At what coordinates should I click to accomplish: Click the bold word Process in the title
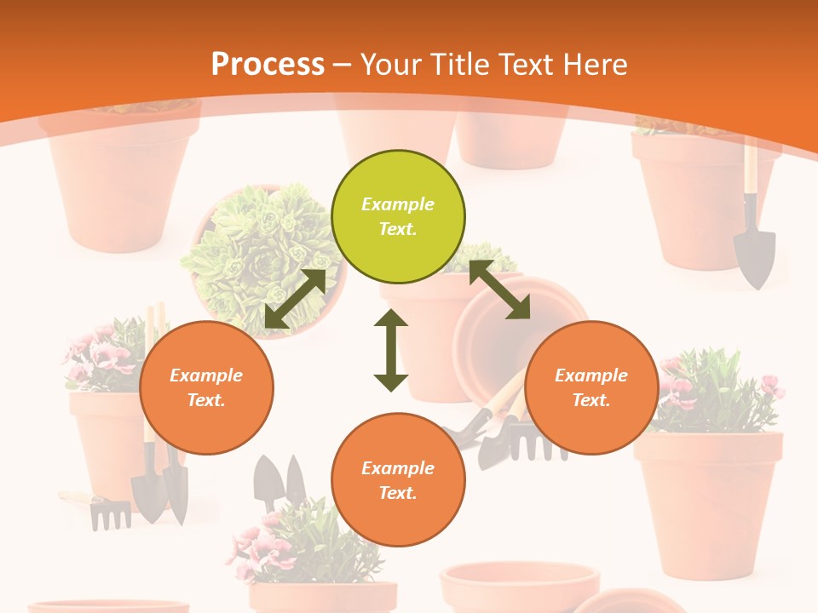[x=268, y=65]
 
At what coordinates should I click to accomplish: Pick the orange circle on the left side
[x=206, y=387]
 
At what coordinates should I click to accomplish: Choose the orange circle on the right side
[x=591, y=387]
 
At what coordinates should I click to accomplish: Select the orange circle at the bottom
[x=398, y=479]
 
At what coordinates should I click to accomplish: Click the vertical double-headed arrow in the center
[x=391, y=350]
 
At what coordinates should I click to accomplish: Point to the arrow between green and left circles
[x=296, y=298]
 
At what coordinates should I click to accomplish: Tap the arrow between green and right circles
[x=499, y=289]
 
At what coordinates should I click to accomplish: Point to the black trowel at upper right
[x=754, y=251]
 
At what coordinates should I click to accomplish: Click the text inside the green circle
[x=398, y=216]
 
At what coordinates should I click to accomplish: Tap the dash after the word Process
[x=343, y=65]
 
